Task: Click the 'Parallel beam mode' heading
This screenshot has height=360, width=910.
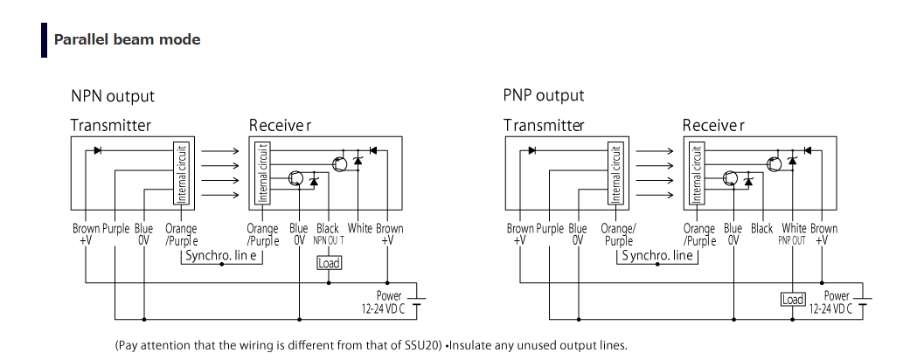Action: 127,39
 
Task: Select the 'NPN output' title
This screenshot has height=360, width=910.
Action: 113,95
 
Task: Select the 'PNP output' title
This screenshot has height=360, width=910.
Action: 544,95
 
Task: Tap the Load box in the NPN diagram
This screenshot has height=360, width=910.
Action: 329,263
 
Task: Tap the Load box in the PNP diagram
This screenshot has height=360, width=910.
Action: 792,300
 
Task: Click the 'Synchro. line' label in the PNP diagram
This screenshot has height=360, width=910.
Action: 658,256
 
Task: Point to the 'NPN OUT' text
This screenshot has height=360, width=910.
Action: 330,240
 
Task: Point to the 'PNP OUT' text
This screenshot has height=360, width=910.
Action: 792,240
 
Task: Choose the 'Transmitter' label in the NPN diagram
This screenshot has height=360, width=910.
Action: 111,125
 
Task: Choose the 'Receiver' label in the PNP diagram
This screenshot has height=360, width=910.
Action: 713,125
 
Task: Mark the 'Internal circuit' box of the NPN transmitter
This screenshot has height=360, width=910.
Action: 181,173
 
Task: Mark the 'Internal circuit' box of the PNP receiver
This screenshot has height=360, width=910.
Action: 697,173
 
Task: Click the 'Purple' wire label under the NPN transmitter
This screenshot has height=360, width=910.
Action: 116,229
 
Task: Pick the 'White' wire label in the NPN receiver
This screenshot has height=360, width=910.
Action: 359,229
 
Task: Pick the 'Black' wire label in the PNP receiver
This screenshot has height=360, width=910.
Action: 762,229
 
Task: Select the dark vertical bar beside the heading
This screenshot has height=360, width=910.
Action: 44,40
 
